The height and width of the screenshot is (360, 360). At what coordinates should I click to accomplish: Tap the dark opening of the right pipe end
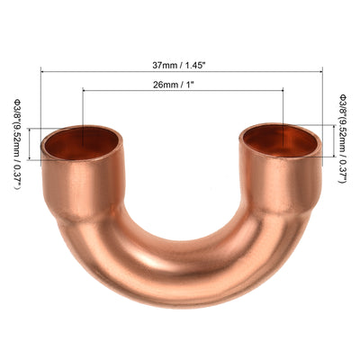281,139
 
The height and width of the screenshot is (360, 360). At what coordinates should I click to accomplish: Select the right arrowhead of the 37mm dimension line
321,70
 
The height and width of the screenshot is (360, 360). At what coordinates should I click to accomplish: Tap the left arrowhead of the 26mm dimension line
84,89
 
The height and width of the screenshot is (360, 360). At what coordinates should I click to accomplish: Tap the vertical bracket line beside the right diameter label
334,141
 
